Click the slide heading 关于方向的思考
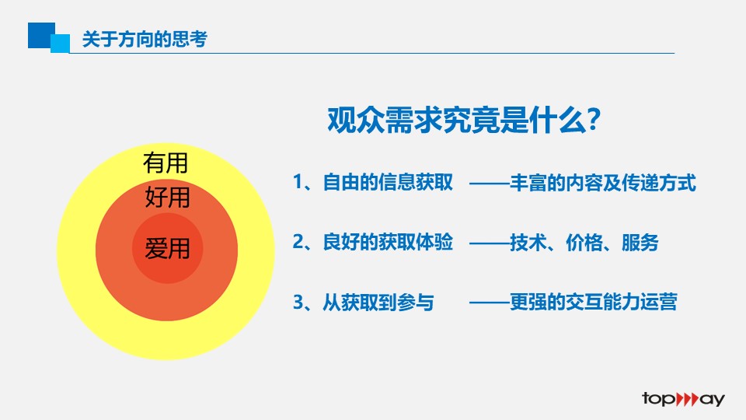pos(145,39)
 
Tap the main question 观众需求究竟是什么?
pos(464,120)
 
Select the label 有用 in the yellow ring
pos(166,163)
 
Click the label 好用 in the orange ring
pos(168,197)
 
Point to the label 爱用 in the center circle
pos(168,248)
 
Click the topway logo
pos(683,399)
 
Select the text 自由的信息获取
pos(388,182)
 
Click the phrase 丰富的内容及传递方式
pos(603,183)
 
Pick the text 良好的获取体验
pos(388,242)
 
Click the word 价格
pos(584,243)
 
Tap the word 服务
pos(640,243)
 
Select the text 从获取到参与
pos(378,303)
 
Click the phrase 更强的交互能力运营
pos(593,302)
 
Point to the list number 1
pos(298,182)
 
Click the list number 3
pos(298,302)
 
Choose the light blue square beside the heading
pos(61,44)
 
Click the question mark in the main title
pos(594,120)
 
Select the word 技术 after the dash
pos(528,243)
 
